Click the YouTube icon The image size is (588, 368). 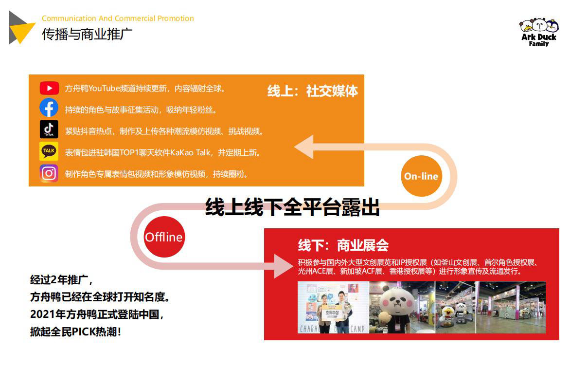click(49, 88)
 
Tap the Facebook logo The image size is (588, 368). click(49, 108)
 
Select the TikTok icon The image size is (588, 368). click(49, 129)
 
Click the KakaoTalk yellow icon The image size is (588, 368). click(49, 151)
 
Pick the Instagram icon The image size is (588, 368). click(49, 173)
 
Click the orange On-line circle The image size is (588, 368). click(421, 176)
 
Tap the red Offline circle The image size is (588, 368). click(164, 237)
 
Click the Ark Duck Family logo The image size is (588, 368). click(539, 32)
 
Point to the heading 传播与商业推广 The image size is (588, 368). click(87, 34)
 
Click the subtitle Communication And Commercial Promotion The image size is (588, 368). click(118, 18)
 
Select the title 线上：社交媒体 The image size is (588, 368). click(312, 91)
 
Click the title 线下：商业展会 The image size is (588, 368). click(343, 245)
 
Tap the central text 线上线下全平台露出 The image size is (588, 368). click(292, 207)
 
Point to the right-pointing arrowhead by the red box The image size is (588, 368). click(284, 266)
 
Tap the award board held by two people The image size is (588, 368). click(332, 313)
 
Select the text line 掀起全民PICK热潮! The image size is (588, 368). click(75, 332)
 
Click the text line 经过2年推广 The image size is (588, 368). click(61, 280)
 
